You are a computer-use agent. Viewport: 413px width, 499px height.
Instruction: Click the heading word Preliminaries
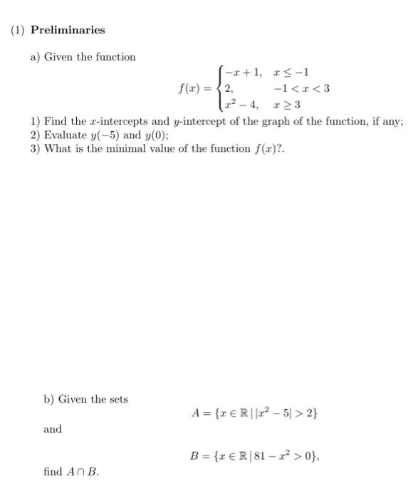coord(68,30)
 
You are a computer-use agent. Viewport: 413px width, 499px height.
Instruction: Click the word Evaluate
coord(66,135)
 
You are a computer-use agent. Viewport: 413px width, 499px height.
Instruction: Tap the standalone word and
coord(53,429)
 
